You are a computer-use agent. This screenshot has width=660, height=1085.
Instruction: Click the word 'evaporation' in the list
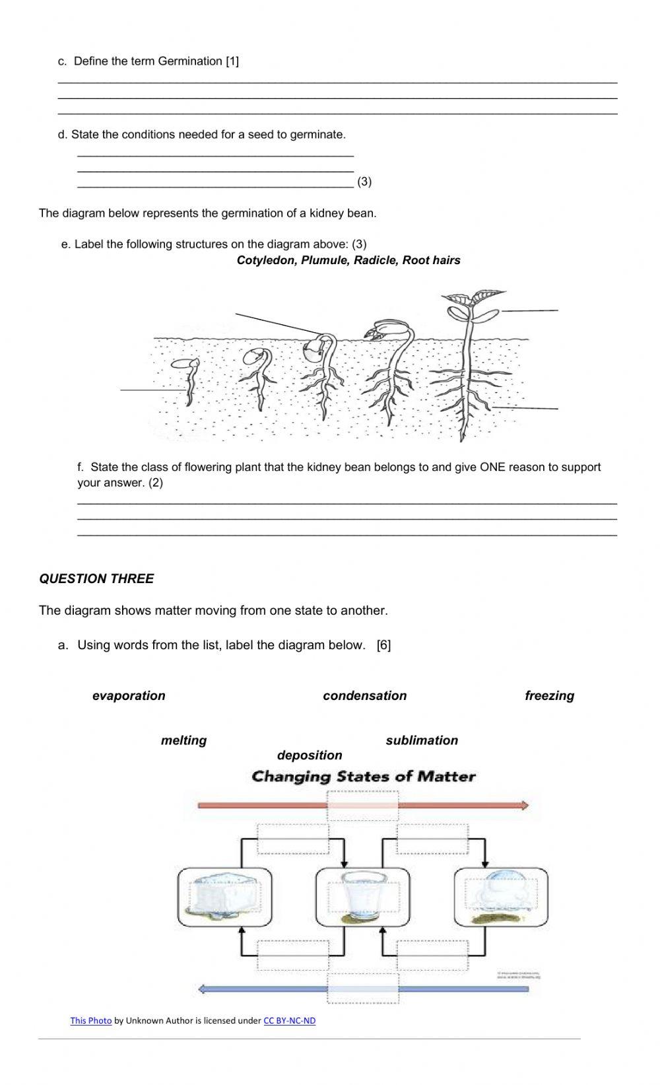(129, 695)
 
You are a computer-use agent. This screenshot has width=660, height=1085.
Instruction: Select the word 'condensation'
(364, 695)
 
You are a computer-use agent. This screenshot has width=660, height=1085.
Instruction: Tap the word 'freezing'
(549, 695)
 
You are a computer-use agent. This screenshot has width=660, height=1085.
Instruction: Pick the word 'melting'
(183, 740)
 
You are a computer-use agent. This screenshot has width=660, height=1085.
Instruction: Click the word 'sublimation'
(422, 740)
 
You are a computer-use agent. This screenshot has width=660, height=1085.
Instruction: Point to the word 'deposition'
(310, 755)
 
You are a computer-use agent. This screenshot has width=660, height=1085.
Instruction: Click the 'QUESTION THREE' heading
(96, 578)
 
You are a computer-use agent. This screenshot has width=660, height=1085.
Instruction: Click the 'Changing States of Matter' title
(363, 777)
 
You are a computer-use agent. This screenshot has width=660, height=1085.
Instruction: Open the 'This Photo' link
(91, 1020)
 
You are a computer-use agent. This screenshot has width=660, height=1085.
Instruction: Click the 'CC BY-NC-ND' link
(289, 1020)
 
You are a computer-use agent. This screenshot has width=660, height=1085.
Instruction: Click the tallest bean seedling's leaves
(470, 301)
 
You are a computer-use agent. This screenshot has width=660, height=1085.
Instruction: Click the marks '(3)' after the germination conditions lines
(364, 182)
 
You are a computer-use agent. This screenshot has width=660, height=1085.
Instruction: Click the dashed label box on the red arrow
(363, 805)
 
